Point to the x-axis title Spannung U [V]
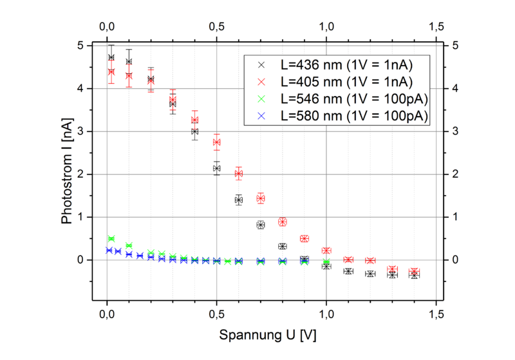[x=268, y=336]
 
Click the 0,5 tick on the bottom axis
[x=217, y=313]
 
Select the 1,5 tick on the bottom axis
[x=436, y=313]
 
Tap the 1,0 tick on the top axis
[x=326, y=27]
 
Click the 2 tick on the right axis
[x=455, y=174]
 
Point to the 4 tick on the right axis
[x=455, y=88]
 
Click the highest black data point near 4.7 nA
[x=111, y=57]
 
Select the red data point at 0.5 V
[x=217, y=142]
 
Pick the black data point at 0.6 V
[x=239, y=200]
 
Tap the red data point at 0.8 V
[x=283, y=222]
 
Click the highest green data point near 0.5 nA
[x=111, y=239]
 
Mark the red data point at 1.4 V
[x=414, y=272]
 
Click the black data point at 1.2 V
[x=370, y=274]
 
